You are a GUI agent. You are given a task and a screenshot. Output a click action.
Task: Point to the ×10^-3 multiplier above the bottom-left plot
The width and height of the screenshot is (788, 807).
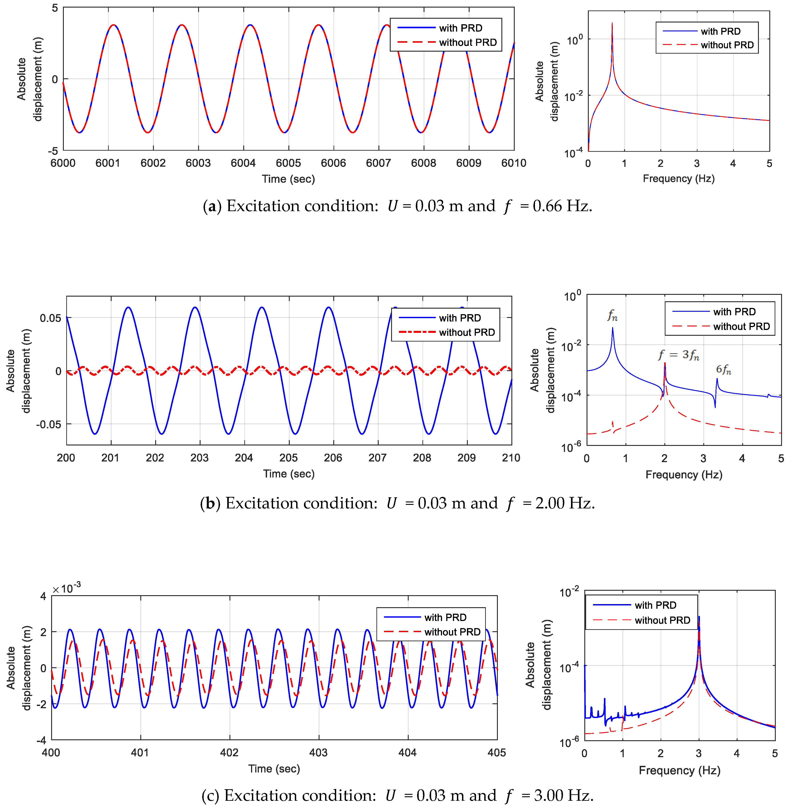coord(66,588)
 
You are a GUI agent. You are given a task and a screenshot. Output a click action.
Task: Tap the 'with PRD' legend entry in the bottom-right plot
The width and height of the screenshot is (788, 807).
coord(655,605)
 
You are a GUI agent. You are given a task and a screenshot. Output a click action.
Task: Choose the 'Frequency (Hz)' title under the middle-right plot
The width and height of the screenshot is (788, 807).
coord(684,475)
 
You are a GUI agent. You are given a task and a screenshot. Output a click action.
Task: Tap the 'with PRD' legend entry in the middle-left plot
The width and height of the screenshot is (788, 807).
coord(459,318)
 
